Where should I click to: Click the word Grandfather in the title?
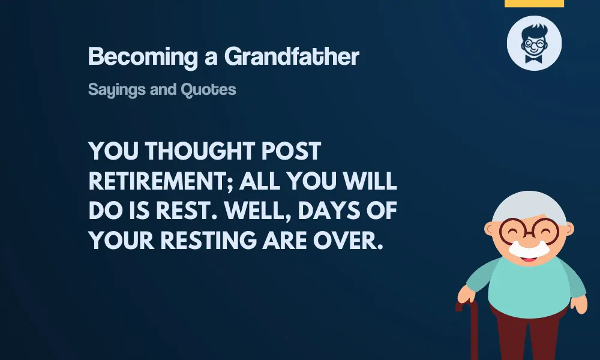point(292,56)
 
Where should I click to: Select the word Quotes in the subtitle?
point(208,89)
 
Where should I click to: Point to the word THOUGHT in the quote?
point(200,151)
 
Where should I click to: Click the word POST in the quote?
point(291,151)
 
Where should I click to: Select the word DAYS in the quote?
point(329,211)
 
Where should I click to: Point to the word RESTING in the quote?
point(209,241)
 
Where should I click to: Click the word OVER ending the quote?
point(348,241)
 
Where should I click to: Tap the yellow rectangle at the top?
point(534,4)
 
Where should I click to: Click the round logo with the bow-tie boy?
point(534,43)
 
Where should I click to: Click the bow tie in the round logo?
point(534,59)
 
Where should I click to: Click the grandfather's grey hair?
point(529,205)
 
